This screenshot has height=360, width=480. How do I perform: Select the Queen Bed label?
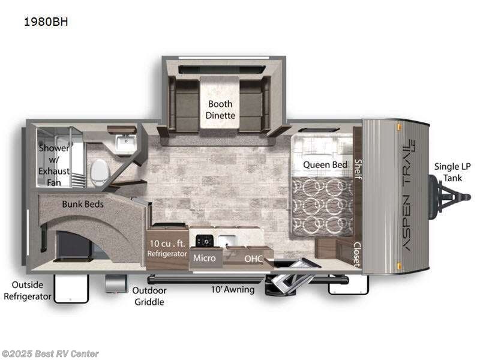tap(325, 164)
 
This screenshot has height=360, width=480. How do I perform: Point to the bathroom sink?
tap(126, 144)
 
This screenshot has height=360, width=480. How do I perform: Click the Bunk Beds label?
tap(83, 204)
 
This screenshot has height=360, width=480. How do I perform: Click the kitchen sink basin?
tap(227, 241)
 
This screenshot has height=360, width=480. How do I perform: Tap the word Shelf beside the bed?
tap(358, 164)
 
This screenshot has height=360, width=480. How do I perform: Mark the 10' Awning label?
tap(233, 290)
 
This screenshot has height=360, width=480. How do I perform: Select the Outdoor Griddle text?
tap(149, 296)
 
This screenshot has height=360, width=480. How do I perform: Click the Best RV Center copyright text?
tap(50, 354)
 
